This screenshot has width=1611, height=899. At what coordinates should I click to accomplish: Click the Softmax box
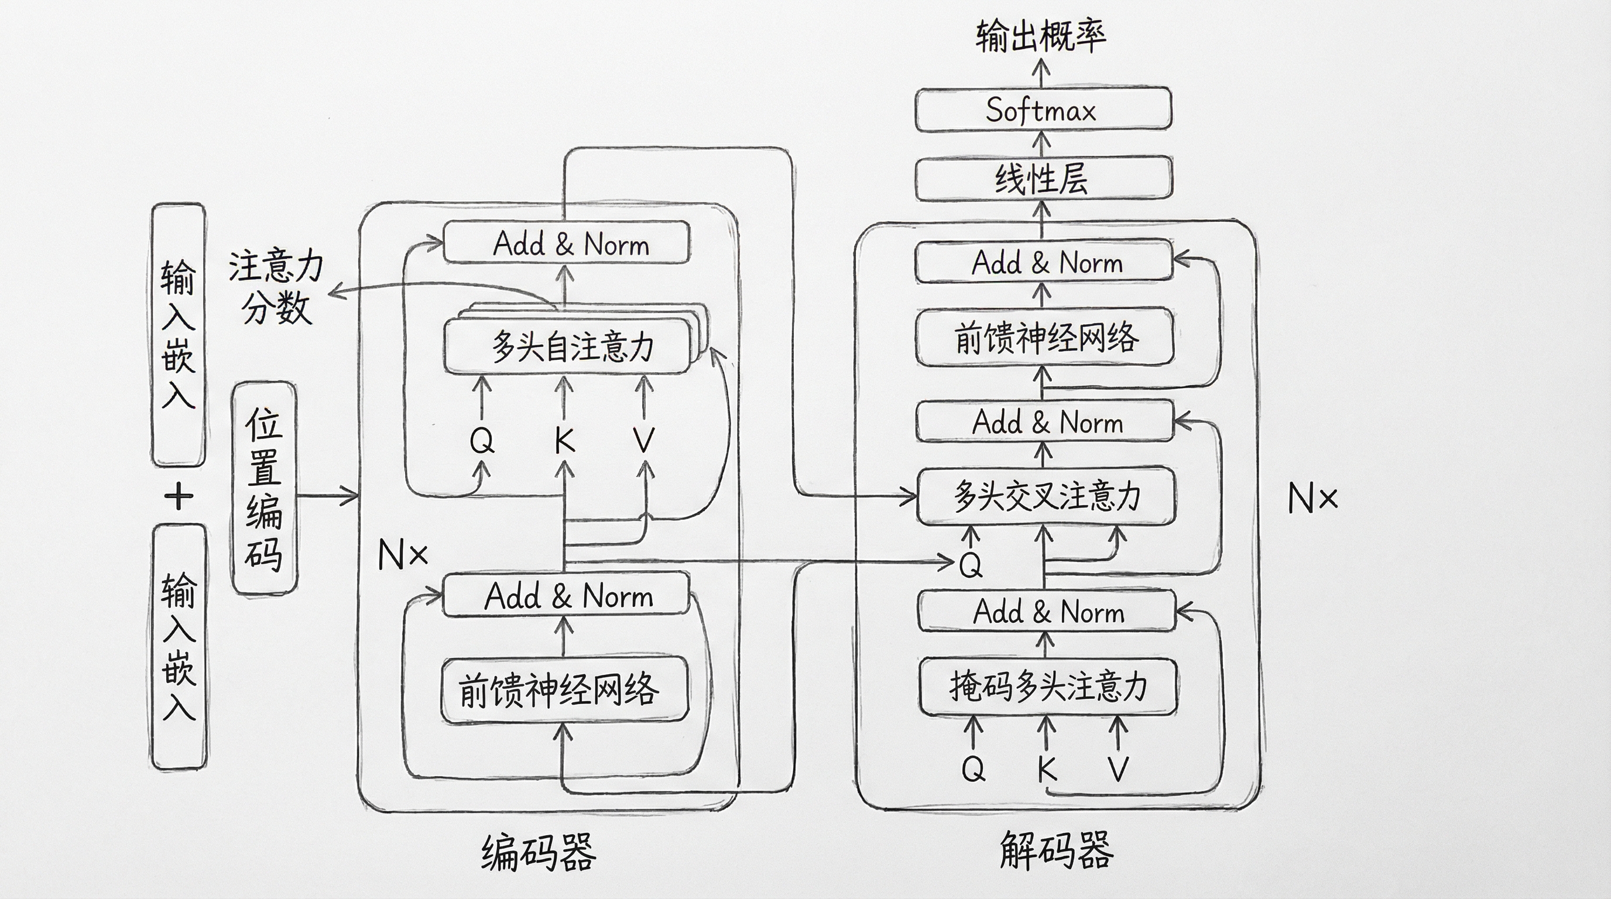[x=1043, y=110]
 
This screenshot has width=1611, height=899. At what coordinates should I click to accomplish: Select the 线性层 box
[x=1043, y=179]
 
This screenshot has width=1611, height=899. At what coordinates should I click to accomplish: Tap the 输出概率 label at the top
[x=1041, y=36]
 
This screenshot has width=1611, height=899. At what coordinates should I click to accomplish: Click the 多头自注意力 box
[x=568, y=346]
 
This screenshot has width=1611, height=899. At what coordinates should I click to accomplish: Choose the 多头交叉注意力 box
[x=1046, y=496]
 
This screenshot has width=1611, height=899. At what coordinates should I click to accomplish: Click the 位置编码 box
[x=264, y=488]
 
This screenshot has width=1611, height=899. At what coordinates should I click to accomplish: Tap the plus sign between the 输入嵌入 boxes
[x=179, y=496]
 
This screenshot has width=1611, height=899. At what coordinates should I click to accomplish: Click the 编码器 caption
[x=539, y=853]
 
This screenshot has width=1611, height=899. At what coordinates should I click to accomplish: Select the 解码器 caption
[x=1056, y=850]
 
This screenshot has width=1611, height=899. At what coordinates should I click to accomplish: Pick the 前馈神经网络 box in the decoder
[x=1044, y=338]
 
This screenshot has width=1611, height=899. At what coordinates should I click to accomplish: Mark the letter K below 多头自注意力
[x=564, y=440]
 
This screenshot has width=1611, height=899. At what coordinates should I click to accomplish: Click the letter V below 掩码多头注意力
[x=1118, y=768]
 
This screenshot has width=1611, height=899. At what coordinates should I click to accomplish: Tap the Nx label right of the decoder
[x=1312, y=499]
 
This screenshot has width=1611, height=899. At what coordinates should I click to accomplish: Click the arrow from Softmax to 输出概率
[x=1041, y=73]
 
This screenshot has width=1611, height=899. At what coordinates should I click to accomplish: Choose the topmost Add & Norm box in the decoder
[x=1043, y=261]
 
